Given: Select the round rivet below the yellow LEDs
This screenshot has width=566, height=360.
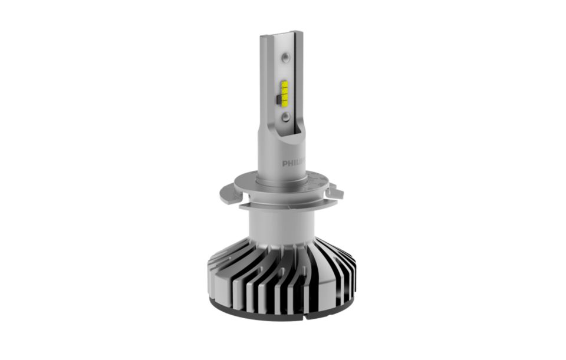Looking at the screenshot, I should (286, 118).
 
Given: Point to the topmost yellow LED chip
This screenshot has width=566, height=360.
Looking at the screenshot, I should (285, 83).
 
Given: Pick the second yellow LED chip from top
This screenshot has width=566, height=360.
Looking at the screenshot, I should (285, 90).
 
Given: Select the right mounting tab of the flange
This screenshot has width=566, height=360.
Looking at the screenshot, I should (336, 191).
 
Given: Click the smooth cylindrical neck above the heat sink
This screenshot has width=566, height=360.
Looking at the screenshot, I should (277, 224).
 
